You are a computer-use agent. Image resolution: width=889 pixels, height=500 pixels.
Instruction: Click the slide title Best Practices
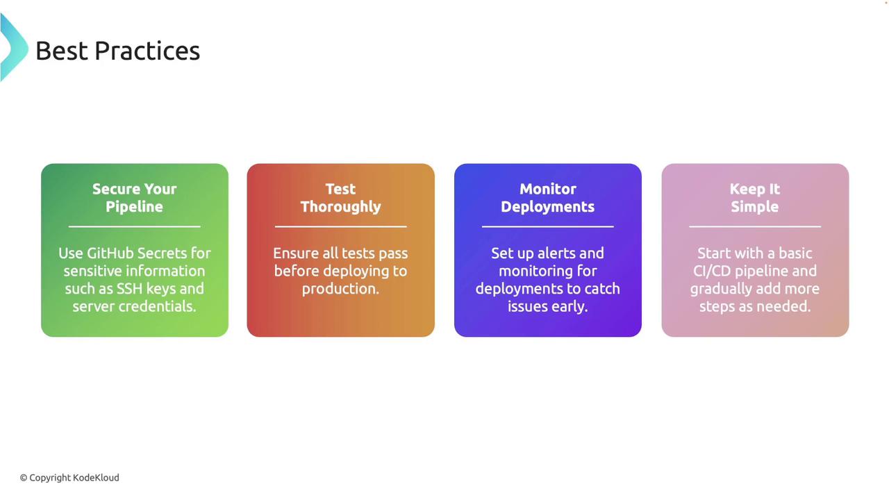tap(118, 51)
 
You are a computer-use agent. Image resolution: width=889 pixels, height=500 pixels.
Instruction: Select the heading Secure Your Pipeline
tap(135, 198)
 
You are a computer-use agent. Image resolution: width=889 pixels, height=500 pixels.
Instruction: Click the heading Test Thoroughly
tap(340, 198)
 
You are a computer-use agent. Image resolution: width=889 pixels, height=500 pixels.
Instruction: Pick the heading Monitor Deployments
tap(548, 198)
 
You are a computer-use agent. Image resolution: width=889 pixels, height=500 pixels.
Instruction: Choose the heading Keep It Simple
tap(755, 198)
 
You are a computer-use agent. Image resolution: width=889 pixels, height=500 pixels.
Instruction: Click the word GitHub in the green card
tap(110, 253)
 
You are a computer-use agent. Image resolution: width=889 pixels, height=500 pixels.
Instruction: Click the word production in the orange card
tap(340, 289)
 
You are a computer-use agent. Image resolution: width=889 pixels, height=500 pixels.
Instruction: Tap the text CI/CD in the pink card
tap(712, 271)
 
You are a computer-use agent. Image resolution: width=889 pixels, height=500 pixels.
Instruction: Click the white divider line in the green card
tap(135, 226)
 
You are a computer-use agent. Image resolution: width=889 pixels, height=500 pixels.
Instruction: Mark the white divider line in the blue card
tap(548, 226)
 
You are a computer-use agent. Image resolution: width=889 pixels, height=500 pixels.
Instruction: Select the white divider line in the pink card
tap(755, 226)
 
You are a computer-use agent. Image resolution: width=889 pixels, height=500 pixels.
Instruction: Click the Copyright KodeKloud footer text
tap(69, 478)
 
